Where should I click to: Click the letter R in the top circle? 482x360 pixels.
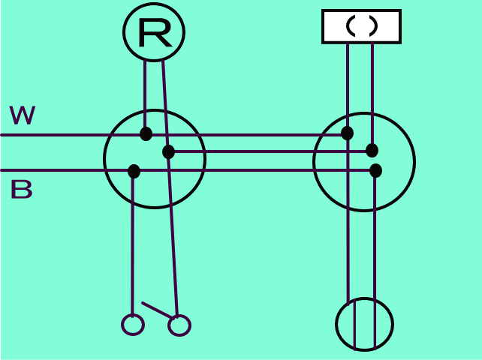click(x=154, y=33)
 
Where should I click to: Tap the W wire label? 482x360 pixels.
click(x=23, y=115)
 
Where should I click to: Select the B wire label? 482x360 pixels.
click(x=21, y=190)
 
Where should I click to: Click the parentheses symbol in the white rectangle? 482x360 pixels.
click(x=361, y=26)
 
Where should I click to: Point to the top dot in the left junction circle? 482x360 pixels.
click(x=146, y=134)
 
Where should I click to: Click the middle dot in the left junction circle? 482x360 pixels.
click(x=168, y=152)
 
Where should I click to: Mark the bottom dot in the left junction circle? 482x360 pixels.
click(x=134, y=171)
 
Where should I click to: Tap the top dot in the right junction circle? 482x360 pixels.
click(x=347, y=133)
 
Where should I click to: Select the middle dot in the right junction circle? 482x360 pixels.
click(x=372, y=151)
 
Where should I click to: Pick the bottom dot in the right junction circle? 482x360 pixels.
click(x=375, y=170)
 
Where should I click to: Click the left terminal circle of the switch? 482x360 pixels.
click(x=133, y=325)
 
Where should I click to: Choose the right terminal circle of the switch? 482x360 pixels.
click(x=179, y=325)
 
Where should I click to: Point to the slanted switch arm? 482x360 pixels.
click(x=157, y=310)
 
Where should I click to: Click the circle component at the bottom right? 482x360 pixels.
click(x=364, y=324)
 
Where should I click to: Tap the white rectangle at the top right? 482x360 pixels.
click(x=361, y=26)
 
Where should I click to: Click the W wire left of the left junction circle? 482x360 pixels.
click(x=53, y=135)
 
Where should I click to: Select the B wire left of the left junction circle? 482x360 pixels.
click(x=53, y=170)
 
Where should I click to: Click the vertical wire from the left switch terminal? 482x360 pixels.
click(x=133, y=247)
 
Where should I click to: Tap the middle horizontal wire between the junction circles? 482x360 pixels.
click(x=263, y=151)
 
